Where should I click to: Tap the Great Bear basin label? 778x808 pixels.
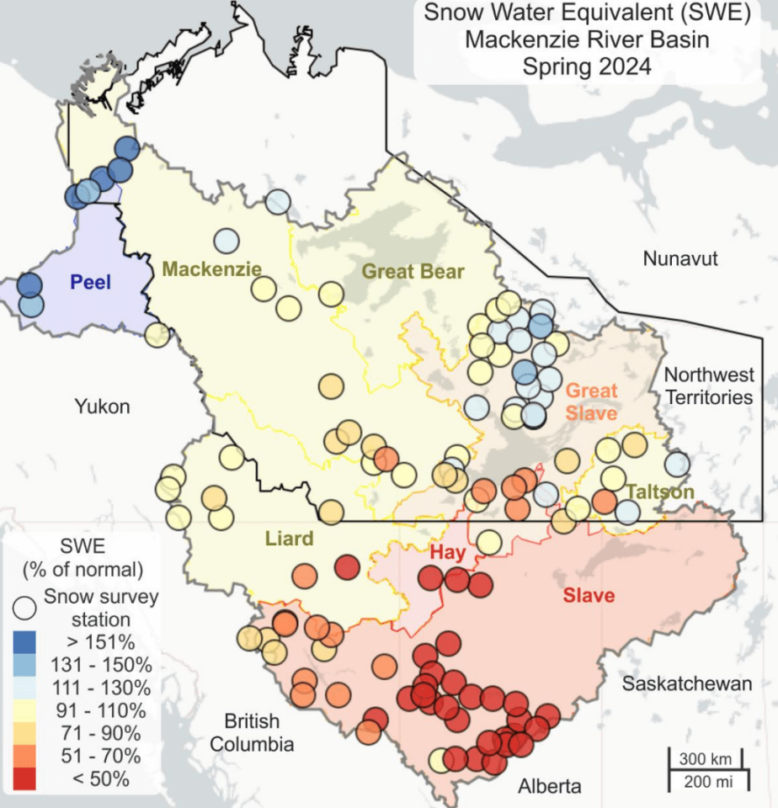click(x=413, y=271)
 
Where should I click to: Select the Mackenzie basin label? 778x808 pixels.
click(x=211, y=268)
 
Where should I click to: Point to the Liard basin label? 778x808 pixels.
click(x=288, y=538)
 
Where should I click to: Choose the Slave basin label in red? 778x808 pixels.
click(x=589, y=596)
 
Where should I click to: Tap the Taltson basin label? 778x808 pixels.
click(x=659, y=492)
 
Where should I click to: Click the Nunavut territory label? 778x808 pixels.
click(x=680, y=258)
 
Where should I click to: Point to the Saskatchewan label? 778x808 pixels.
click(x=686, y=683)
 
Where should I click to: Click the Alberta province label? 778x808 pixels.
click(x=549, y=787)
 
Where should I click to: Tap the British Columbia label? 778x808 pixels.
click(x=252, y=732)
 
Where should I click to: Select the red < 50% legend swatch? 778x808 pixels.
click(x=28, y=779)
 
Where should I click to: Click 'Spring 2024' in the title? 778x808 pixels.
click(x=586, y=66)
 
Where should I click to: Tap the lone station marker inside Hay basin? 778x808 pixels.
click(x=489, y=541)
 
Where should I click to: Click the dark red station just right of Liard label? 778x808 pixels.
click(x=346, y=567)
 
